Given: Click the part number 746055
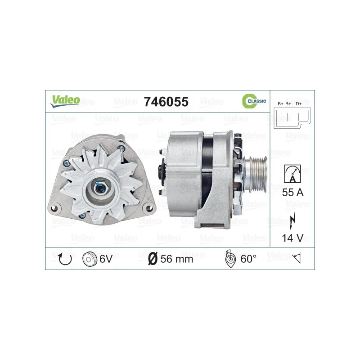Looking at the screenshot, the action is pyautogui.click(x=166, y=102).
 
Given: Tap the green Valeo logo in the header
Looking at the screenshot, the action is pyautogui.click(x=65, y=101).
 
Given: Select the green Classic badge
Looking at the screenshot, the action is pyautogui.click(x=254, y=101).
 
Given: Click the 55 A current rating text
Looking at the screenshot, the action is pyautogui.click(x=293, y=193).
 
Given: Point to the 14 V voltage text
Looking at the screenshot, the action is pyautogui.click(x=293, y=238).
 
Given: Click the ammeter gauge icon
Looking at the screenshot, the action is pyautogui.click(x=292, y=174).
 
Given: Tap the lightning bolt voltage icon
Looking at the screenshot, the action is pyautogui.click(x=292, y=220).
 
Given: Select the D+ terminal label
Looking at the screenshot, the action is pyautogui.click(x=299, y=104).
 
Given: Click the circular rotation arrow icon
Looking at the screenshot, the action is pyautogui.click(x=65, y=259).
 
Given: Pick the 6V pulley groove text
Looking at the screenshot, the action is pyautogui.click(x=106, y=259).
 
